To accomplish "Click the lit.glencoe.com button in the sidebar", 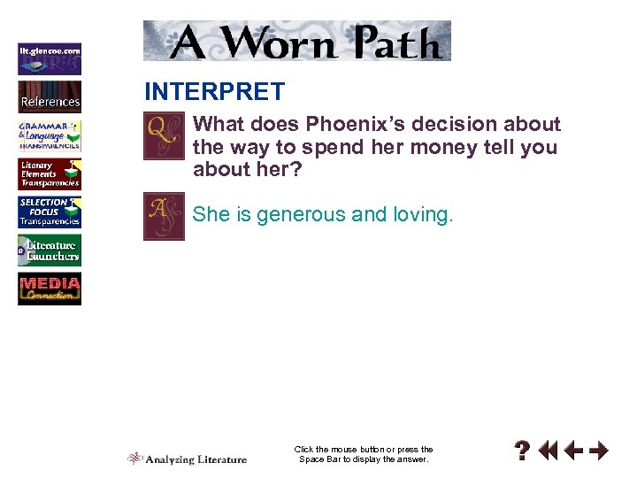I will (50, 58).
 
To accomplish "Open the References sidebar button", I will (50, 96).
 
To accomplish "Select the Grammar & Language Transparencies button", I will (50, 135).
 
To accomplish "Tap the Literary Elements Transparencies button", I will (50, 173).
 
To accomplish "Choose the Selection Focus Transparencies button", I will (50, 212).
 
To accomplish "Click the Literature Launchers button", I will (50, 251).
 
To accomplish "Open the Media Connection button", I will (50, 289).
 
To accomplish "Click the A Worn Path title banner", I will (297, 41).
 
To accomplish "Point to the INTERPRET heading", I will (214, 92).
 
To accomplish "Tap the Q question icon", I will (164, 136).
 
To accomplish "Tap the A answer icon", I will (164, 217).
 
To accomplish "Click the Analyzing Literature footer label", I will (188, 459).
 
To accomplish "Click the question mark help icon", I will (524, 451).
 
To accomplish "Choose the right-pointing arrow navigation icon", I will (599, 451).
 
